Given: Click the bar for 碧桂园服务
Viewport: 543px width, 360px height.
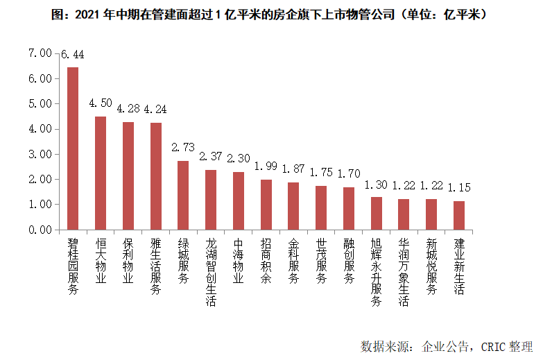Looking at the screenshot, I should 73,148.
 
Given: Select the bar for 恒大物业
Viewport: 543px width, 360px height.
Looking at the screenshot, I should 101,173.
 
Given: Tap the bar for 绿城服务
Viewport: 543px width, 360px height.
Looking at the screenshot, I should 183,195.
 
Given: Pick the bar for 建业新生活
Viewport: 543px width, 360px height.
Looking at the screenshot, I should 458,215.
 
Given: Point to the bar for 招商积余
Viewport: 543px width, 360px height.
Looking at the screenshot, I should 266,205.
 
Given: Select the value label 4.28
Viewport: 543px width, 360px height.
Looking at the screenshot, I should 128,109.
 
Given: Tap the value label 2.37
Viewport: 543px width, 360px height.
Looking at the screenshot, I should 211,157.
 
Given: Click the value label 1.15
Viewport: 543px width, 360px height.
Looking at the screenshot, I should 459,187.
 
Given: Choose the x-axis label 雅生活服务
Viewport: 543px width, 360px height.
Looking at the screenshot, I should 155,268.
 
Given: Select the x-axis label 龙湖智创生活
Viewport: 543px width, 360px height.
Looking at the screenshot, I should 211,273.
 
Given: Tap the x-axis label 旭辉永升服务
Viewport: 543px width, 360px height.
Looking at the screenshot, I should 377,273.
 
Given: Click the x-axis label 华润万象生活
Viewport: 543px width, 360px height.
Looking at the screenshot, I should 404,273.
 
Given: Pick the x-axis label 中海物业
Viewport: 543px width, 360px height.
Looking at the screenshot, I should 239,261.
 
